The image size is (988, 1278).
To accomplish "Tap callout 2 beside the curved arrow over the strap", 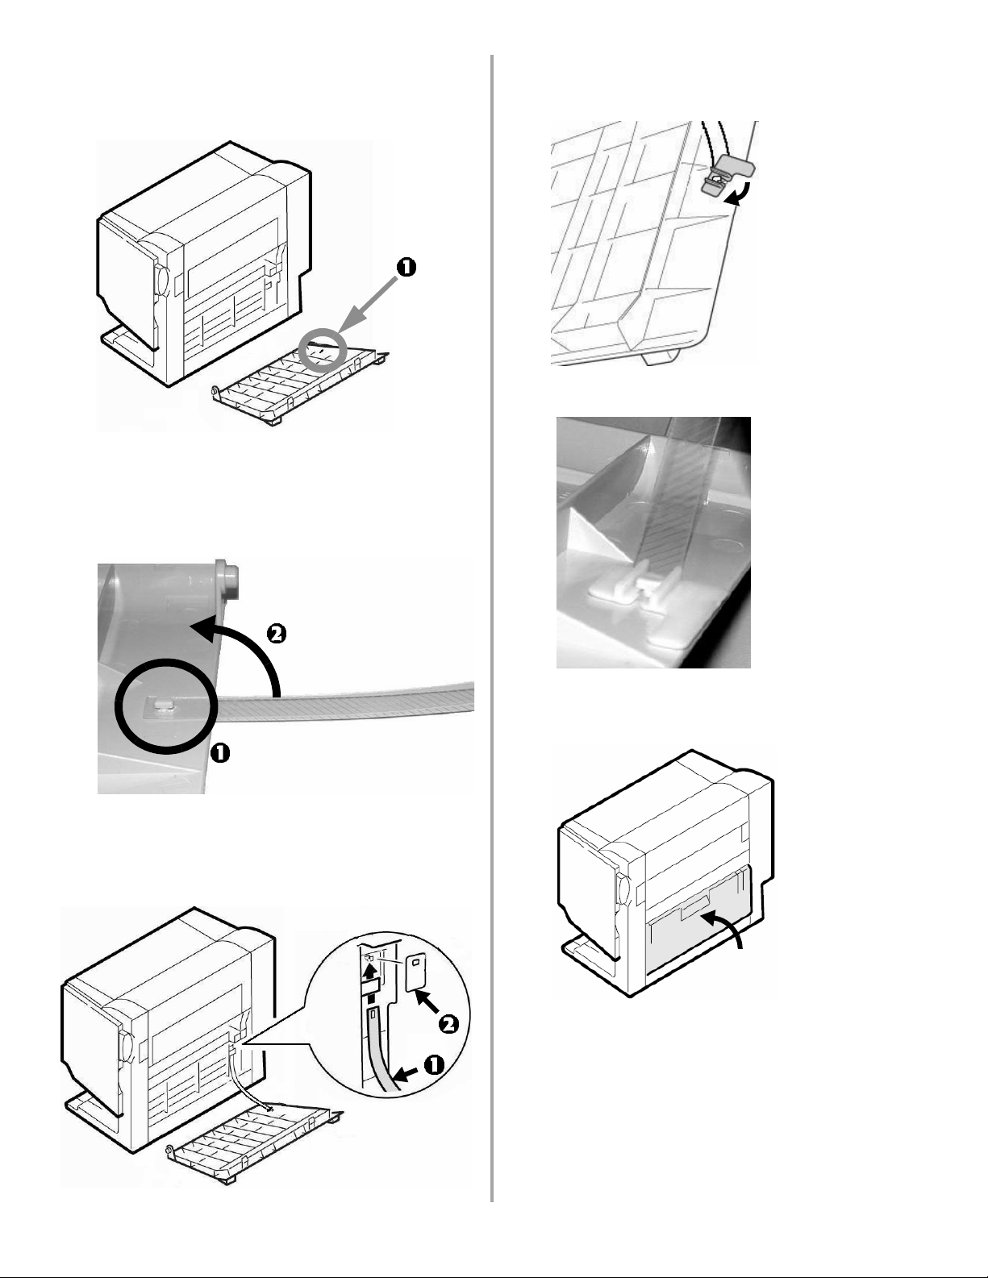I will [275, 635].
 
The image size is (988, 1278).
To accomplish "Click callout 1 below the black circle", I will [219, 753].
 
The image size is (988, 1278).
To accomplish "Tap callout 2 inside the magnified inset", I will [448, 1024].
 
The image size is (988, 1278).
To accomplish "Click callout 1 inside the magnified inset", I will [432, 1064].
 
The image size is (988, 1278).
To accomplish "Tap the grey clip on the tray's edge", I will [723, 174].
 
